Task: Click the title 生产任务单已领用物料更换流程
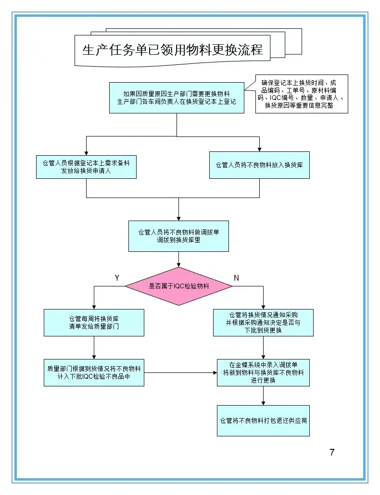[173, 50]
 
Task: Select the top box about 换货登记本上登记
[177, 98]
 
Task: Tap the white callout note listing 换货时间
[302, 94]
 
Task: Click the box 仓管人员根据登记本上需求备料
[86, 167]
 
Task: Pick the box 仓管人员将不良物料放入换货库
[259, 165]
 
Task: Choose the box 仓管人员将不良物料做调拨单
[178, 236]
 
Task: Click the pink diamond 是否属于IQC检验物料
[178, 286]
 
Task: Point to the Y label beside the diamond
[117, 278]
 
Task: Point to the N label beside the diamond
[236, 278]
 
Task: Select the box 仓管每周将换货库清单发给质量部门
[94, 322]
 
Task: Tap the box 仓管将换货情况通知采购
[263, 322]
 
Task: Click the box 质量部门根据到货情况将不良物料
[94, 372]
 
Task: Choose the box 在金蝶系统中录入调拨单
[263, 372]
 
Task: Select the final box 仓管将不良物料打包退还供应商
[263, 421]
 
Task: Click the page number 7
[332, 452]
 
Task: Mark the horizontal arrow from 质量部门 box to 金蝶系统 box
[180, 372]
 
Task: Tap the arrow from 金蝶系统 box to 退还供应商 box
[263, 396]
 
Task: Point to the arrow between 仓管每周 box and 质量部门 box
[94, 347]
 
